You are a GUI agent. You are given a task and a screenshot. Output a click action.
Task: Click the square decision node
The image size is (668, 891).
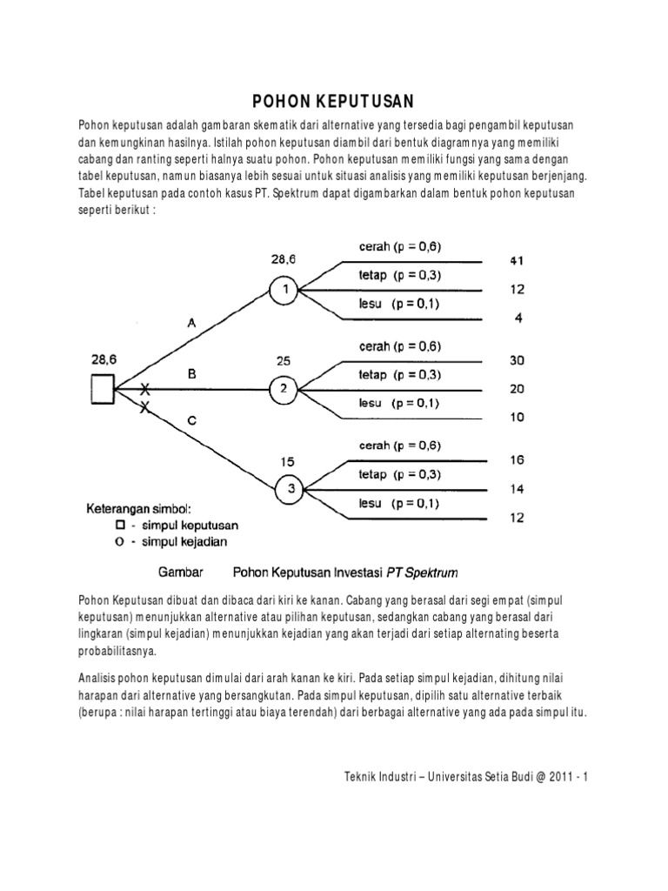102,390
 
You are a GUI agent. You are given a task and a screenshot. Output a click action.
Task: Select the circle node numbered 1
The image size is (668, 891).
283,289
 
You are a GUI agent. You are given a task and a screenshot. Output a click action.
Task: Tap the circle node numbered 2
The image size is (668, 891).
283,390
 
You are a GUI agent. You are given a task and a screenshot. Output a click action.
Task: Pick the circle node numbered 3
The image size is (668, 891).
291,490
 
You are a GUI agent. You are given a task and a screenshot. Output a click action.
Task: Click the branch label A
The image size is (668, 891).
192,323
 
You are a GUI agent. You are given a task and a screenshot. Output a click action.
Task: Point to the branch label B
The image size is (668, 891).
192,373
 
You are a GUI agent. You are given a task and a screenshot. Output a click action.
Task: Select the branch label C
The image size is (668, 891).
192,420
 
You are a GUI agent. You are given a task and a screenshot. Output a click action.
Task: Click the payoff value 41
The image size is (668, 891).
517,260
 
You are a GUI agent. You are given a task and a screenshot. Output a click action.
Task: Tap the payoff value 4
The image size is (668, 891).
518,318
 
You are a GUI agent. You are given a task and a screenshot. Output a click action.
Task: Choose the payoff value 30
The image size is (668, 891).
517,360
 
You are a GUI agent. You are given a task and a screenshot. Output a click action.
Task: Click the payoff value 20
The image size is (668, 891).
517,389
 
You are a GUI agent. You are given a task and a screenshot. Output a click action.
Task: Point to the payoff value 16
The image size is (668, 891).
517,460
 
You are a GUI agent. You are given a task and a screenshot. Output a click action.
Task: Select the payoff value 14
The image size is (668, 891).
517,489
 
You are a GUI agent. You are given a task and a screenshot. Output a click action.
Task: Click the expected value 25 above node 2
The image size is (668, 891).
283,359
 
